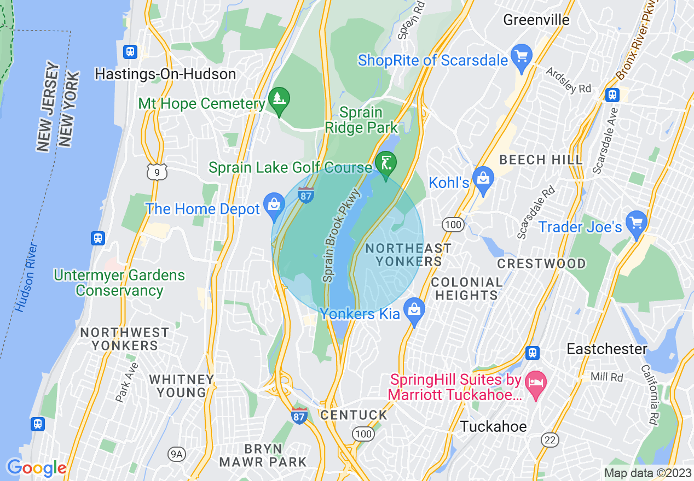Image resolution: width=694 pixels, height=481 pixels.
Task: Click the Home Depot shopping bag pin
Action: (273, 205)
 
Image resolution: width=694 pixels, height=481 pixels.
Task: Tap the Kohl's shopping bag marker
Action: (483, 178)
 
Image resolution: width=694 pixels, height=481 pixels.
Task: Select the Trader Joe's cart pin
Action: (636, 223)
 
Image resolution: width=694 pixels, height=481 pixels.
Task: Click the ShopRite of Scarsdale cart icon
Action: (522, 56)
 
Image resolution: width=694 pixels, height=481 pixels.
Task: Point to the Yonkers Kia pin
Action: (415, 310)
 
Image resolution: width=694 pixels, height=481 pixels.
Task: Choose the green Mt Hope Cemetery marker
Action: (279, 99)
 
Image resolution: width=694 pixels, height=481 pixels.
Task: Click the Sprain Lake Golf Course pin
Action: (386, 163)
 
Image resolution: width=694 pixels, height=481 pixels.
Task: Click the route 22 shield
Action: (550, 439)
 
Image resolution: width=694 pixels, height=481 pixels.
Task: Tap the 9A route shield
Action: (176, 454)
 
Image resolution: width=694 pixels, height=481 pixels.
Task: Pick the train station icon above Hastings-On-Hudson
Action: (130, 52)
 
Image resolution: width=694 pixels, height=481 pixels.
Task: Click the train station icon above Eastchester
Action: (531, 353)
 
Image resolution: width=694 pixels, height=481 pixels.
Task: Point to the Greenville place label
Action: (536, 20)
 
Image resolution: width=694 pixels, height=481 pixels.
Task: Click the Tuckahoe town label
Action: (493, 426)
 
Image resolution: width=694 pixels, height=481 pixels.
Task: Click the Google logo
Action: (37, 468)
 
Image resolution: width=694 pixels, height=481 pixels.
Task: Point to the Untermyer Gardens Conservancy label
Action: (119, 283)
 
